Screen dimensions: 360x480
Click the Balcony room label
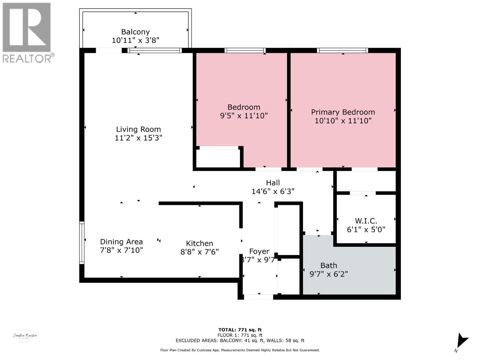tap(135, 32)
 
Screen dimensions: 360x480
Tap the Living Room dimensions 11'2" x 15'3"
tap(138, 138)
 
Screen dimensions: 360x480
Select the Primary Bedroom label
tap(343, 112)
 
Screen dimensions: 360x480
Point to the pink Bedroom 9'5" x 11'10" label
tap(244, 111)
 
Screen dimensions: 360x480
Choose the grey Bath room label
tap(328, 265)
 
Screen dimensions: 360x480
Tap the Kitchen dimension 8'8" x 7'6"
tap(199, 252)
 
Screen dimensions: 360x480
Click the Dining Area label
tap(121, 242)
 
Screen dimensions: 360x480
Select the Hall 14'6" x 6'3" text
tap(273, 187)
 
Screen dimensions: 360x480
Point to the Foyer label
tap(259, 251)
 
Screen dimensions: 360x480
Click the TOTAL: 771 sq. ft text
tap(240, 330)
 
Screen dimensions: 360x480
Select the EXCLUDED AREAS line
tap(240, 340)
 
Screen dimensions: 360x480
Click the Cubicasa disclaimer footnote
tap(240, 350)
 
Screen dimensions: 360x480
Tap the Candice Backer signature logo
tap(25, 335)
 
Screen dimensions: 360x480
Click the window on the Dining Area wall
tap(82, 242)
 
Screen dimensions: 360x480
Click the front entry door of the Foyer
tap(258, 297)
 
